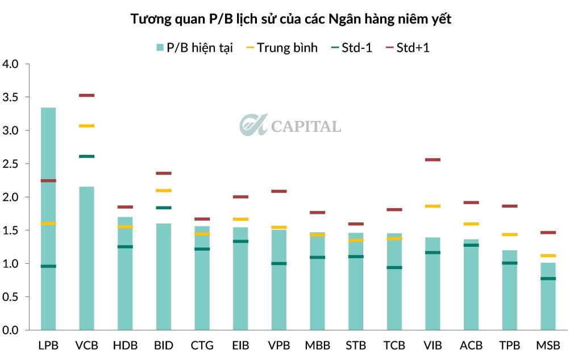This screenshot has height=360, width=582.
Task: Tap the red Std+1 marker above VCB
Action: coord(86,96)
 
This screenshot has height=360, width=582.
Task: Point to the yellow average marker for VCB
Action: coord(86,126)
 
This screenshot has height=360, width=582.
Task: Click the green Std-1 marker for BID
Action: coord(163,208)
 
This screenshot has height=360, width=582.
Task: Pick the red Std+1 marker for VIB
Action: coord(433,160)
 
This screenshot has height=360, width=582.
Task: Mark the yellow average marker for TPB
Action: coord(510,234)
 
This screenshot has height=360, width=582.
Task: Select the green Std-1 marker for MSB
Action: coord(548,279)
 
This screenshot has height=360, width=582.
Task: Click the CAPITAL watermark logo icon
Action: coord(253,125)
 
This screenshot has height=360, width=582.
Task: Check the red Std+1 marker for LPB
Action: coord(48,181)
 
